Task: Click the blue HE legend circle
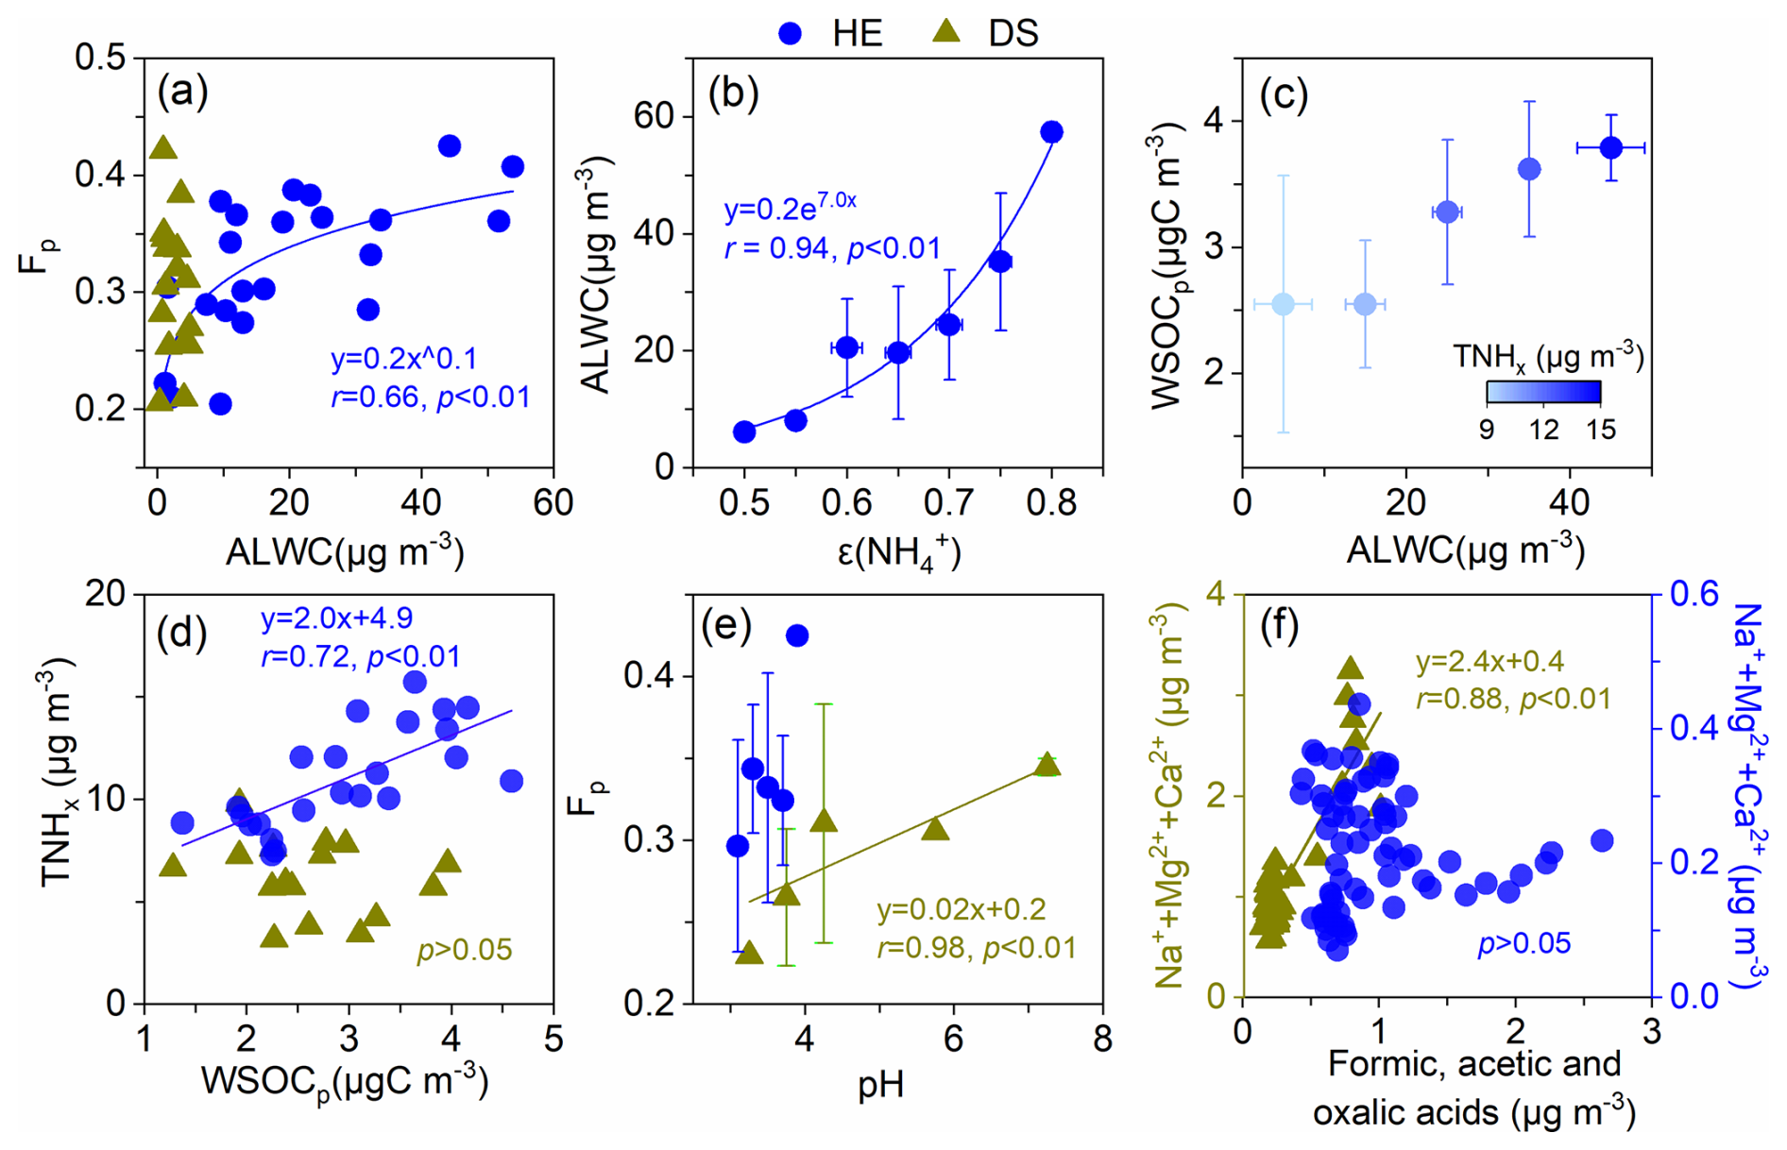point(790,34)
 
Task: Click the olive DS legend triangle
point(945,32)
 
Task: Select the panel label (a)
point(183,93)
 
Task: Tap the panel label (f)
point(1280,626)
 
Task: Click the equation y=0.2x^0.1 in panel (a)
point(403,360)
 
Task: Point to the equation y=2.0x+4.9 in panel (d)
point(336,618)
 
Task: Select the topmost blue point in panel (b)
point(1051,132)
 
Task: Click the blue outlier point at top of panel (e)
point(797,635)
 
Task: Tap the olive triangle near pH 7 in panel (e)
point(1047,766)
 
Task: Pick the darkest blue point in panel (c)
point(1610,148)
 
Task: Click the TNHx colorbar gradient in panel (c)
point(1543,392)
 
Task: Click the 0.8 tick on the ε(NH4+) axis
point(1051,504)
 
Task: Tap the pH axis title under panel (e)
point(880,1085)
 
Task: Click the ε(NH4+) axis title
point(898,552)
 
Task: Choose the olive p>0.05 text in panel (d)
point(465,950)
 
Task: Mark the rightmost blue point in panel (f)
point(1602,840)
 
